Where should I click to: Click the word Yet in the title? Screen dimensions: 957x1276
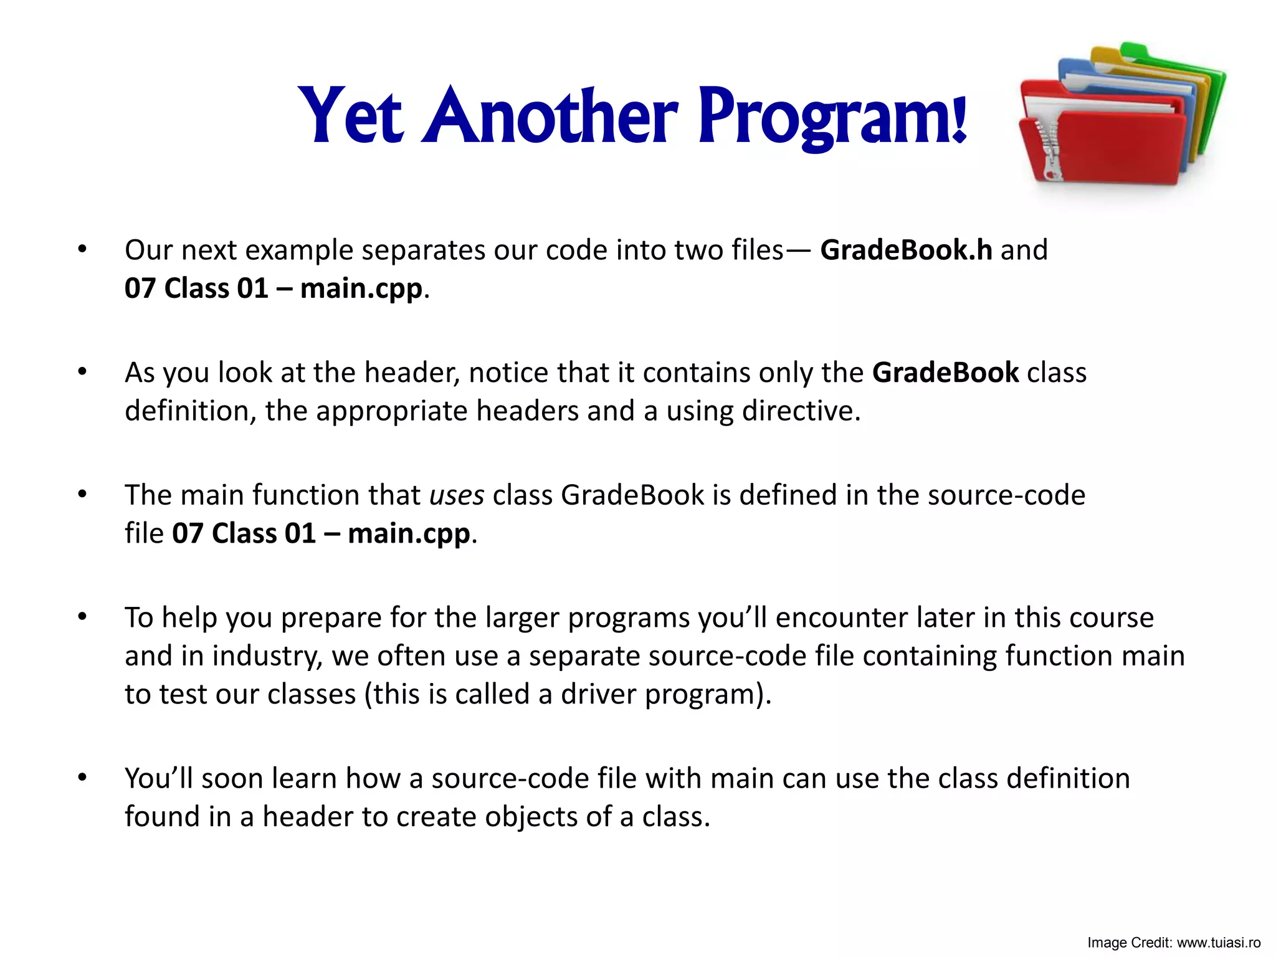(351, 116)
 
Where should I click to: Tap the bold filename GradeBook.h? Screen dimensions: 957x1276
(905, 250)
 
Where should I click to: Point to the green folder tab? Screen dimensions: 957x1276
(1134, 50)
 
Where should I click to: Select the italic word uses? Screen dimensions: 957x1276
(457, 495)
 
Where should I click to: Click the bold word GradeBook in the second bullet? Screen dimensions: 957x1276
(945, 373)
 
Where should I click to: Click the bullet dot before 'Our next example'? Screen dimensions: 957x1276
(82, 249)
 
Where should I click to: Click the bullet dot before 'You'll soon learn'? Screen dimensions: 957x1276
(82, 778)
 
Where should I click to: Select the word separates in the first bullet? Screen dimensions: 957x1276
(424, 250)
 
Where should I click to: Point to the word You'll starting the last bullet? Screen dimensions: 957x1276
(159, 778)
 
